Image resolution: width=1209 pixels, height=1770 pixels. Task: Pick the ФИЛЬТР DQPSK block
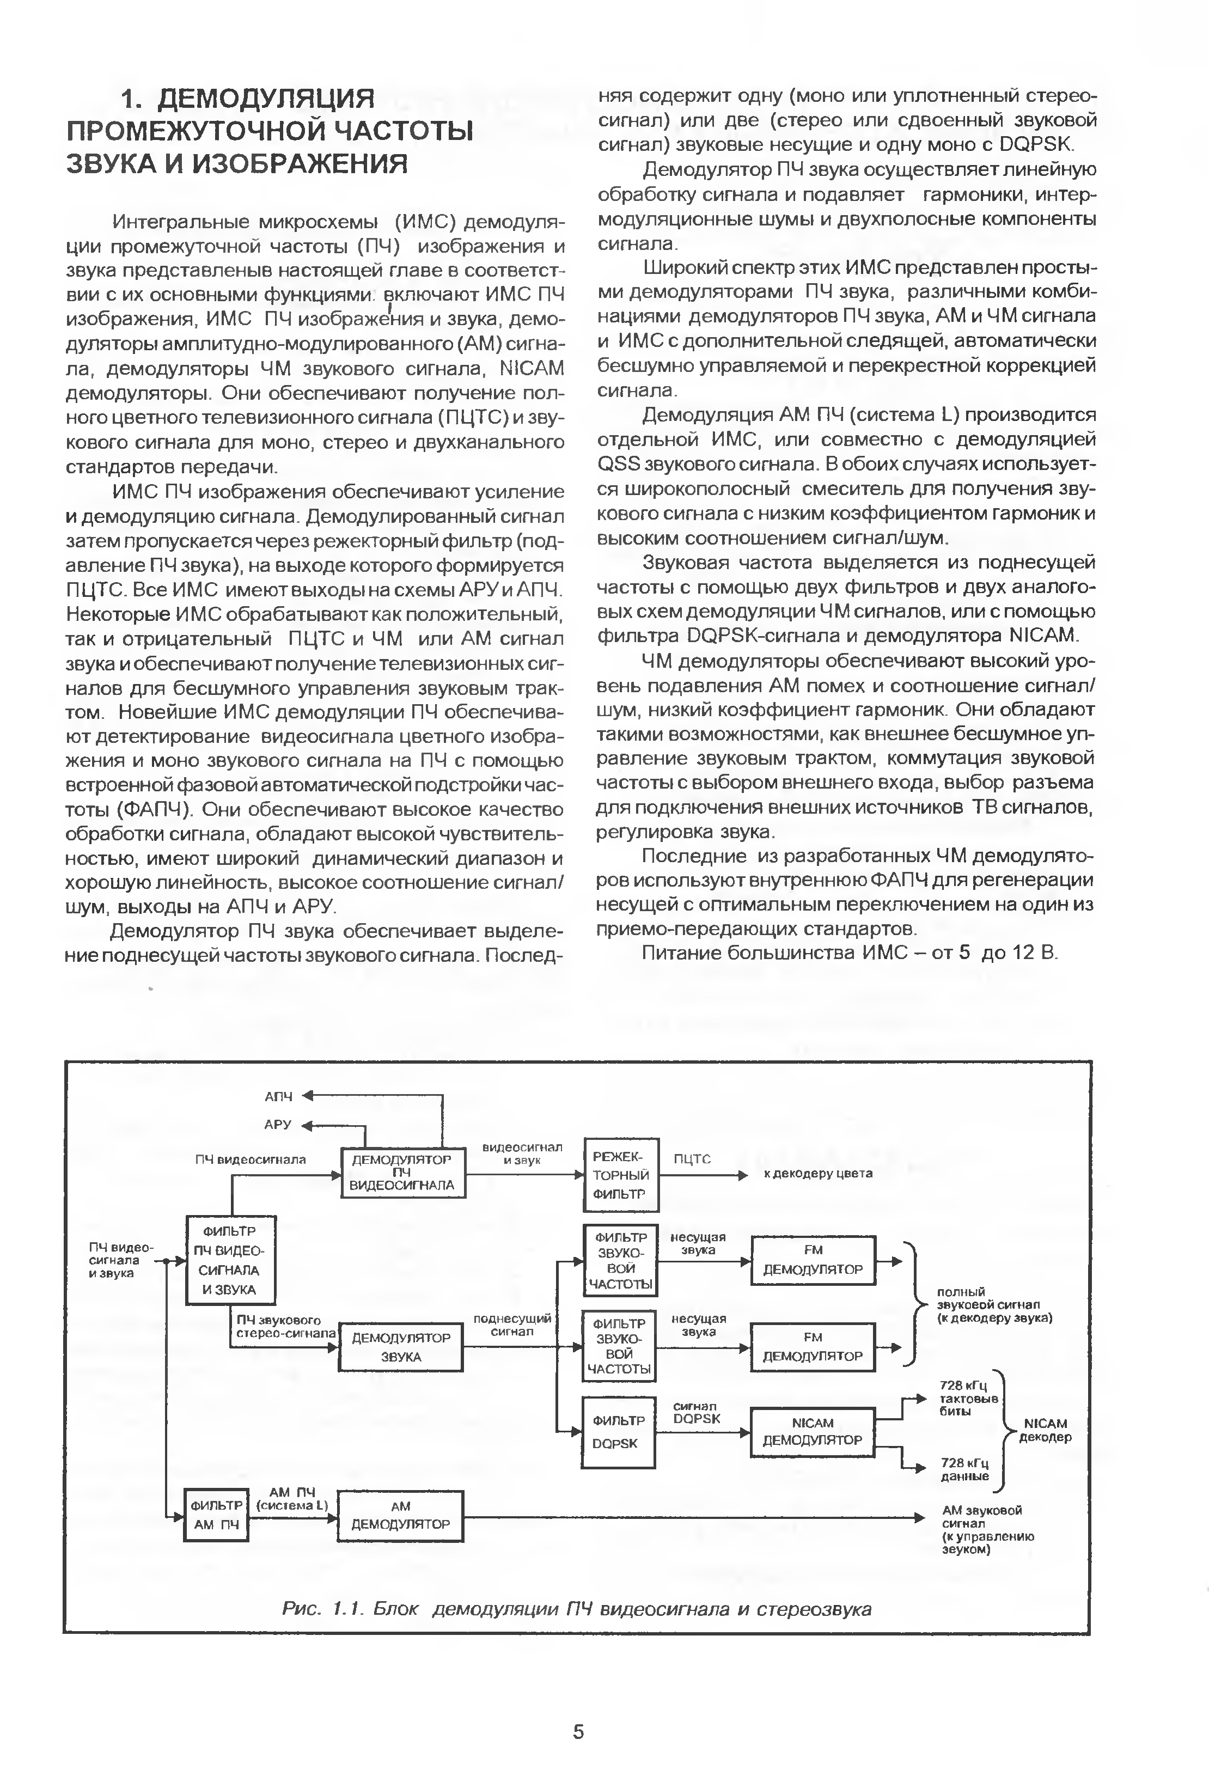[x=619, y=1432]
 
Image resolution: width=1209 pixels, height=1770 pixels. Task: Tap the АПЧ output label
[x=278, y=1097]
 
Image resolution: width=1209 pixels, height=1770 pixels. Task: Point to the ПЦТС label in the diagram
[x=692, y=1159]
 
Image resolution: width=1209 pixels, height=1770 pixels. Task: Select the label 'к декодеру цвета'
[x=818, y=1174]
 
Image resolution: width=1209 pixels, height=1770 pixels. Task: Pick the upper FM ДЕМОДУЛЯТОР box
[x=813, y=1260]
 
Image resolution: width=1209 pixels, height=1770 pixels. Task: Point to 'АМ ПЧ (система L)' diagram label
[x=292, y=1499]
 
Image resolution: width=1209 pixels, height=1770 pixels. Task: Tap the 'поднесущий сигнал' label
[x=512, y=1325]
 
